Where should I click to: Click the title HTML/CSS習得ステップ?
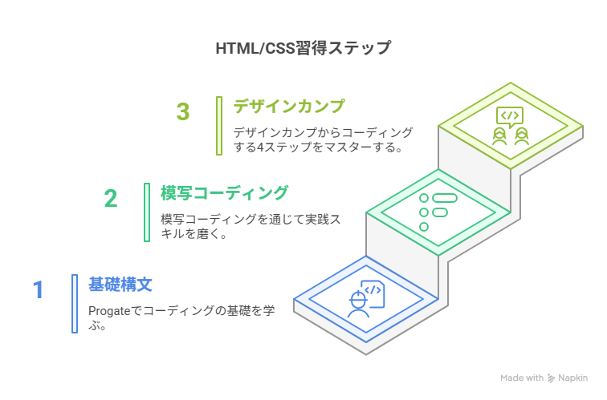point(303,48)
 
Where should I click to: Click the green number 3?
point(184,112)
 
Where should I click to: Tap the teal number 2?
point(111,198)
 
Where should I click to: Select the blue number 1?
point(38,289)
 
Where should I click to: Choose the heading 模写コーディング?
point(224,193)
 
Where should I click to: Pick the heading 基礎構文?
point(120,284)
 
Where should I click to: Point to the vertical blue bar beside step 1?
point(75,303)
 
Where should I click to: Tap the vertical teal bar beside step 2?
point(147,212)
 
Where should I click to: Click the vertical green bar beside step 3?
point(218,125)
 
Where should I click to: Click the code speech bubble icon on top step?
point(509,117)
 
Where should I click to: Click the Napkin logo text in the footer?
point(572,378)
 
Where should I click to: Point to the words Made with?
point(522,378)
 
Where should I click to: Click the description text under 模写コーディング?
point(249,227)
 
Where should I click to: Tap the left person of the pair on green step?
point(500,135)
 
